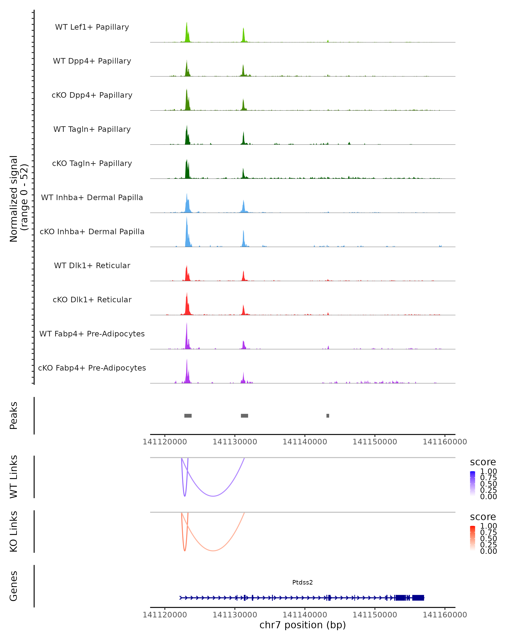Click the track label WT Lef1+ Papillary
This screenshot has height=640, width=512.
(x=92, y=27)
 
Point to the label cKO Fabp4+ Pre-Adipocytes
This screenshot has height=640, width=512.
(x=92, y=368)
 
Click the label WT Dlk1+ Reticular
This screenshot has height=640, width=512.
(x=92, y=265)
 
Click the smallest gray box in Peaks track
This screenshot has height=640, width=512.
(x=328, y=416)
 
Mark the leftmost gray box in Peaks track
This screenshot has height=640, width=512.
(x=188, y=416)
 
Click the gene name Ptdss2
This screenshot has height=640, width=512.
(x=303, y=582)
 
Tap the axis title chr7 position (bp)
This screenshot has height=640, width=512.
(x=303, y=625)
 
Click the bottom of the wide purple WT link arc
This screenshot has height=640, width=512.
(x=213, y=496)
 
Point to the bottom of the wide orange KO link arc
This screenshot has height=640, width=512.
(x=213, y=551)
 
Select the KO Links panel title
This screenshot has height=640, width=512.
(x=14, y=531)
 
